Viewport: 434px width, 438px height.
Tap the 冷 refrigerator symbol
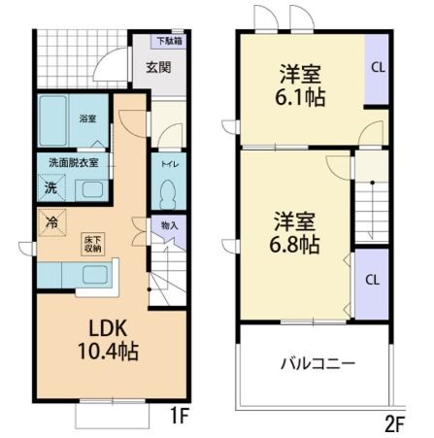[x=50, y=221]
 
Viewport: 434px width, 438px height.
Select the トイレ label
[x=167, y=164]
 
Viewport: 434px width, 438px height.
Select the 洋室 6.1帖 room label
[x=300, y=85]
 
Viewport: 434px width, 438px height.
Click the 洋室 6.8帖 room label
[x=295, y=231]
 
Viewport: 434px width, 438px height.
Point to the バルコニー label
[x=317, y=364]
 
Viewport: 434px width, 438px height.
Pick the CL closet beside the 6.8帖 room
[x=371, y=279]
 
